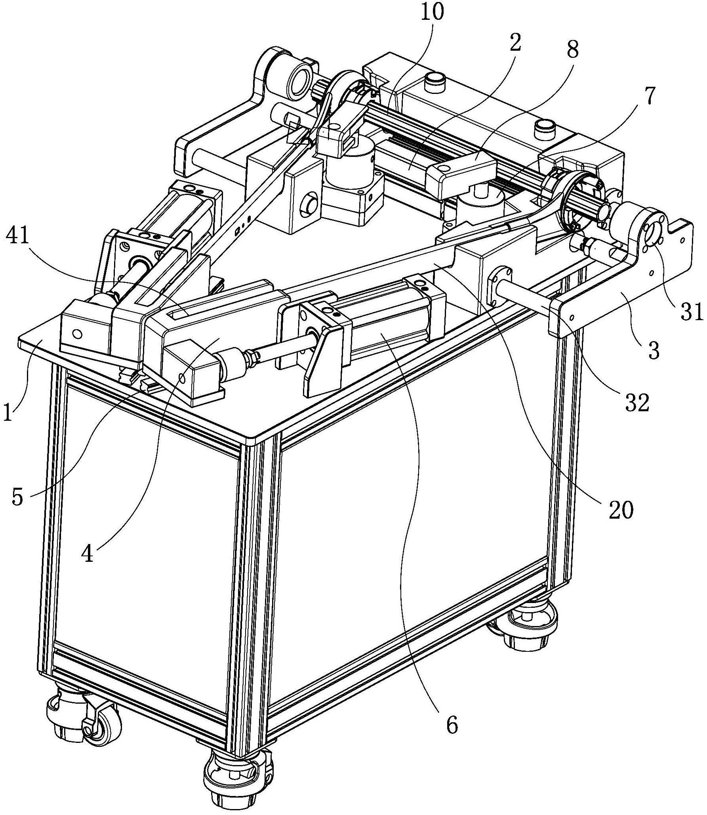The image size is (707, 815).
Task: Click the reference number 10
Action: [433, 13]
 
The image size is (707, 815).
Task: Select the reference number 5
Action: [17, 496]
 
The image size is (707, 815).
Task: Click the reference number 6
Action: [452, 736]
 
